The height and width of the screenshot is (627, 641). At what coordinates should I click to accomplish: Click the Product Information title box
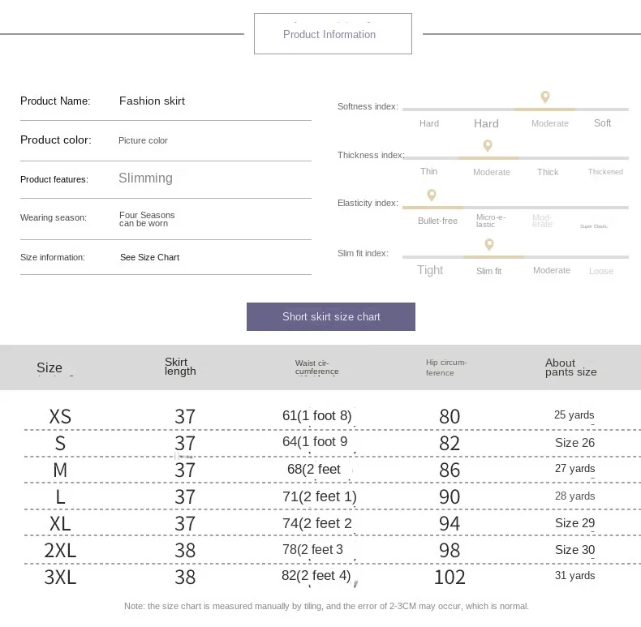pos(333,34)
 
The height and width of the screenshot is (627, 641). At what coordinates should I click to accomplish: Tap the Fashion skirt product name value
pos(152,101)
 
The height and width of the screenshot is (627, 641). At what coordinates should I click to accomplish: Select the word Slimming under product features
pos(145,178)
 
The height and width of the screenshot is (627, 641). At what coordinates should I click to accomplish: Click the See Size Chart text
pos(149,257)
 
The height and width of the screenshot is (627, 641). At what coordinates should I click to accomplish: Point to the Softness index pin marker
pos(545,97)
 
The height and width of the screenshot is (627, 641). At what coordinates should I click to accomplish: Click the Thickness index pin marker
pos(488,146)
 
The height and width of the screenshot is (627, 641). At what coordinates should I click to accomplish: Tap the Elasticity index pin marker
pos(432,195)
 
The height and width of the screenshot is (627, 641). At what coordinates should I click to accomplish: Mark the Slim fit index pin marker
pos(488,244)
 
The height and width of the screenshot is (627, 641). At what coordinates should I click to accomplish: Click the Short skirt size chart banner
pos(331,316)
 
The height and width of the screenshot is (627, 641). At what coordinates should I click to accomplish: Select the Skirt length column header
pos(180,367)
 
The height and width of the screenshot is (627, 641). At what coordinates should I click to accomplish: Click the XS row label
pos(60,417)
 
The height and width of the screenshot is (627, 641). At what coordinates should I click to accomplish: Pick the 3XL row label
pos(60,578)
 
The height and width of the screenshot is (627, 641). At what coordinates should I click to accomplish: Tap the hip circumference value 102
pos(450,578)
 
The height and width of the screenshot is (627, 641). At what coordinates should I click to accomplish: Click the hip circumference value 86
pos(450,470)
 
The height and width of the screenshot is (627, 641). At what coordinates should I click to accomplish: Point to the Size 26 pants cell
pos(574,443)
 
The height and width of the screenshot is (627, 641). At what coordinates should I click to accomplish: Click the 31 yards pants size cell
pos(574,576)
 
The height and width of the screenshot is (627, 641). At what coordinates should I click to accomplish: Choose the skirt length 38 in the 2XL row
pos(185,551)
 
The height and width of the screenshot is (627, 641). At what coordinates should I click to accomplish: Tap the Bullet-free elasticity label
pos(437,221)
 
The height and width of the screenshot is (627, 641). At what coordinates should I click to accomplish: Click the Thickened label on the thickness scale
pos(605,172)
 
